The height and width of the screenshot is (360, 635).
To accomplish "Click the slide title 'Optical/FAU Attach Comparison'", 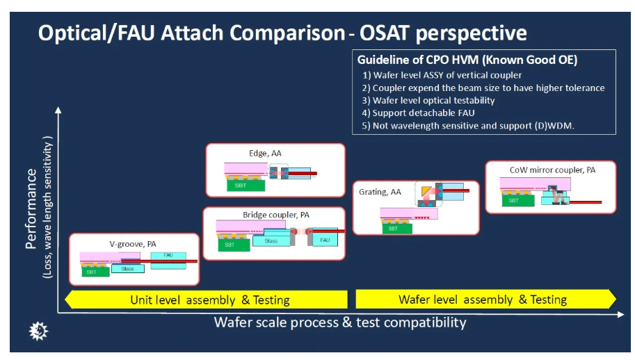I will [x=191, y=33].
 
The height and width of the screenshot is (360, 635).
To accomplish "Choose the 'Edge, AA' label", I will [x=265, y=153].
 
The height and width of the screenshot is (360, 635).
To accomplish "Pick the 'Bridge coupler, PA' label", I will [x=275, y=215].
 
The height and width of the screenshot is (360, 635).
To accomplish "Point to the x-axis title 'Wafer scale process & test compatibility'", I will [x=340, y=322].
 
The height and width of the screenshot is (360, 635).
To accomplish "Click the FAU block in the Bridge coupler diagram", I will [x=325, y=240].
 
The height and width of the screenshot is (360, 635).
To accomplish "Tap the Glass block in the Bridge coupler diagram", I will [x=271, y=240].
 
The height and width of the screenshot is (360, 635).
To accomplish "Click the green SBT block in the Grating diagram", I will [x=393, y=228].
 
